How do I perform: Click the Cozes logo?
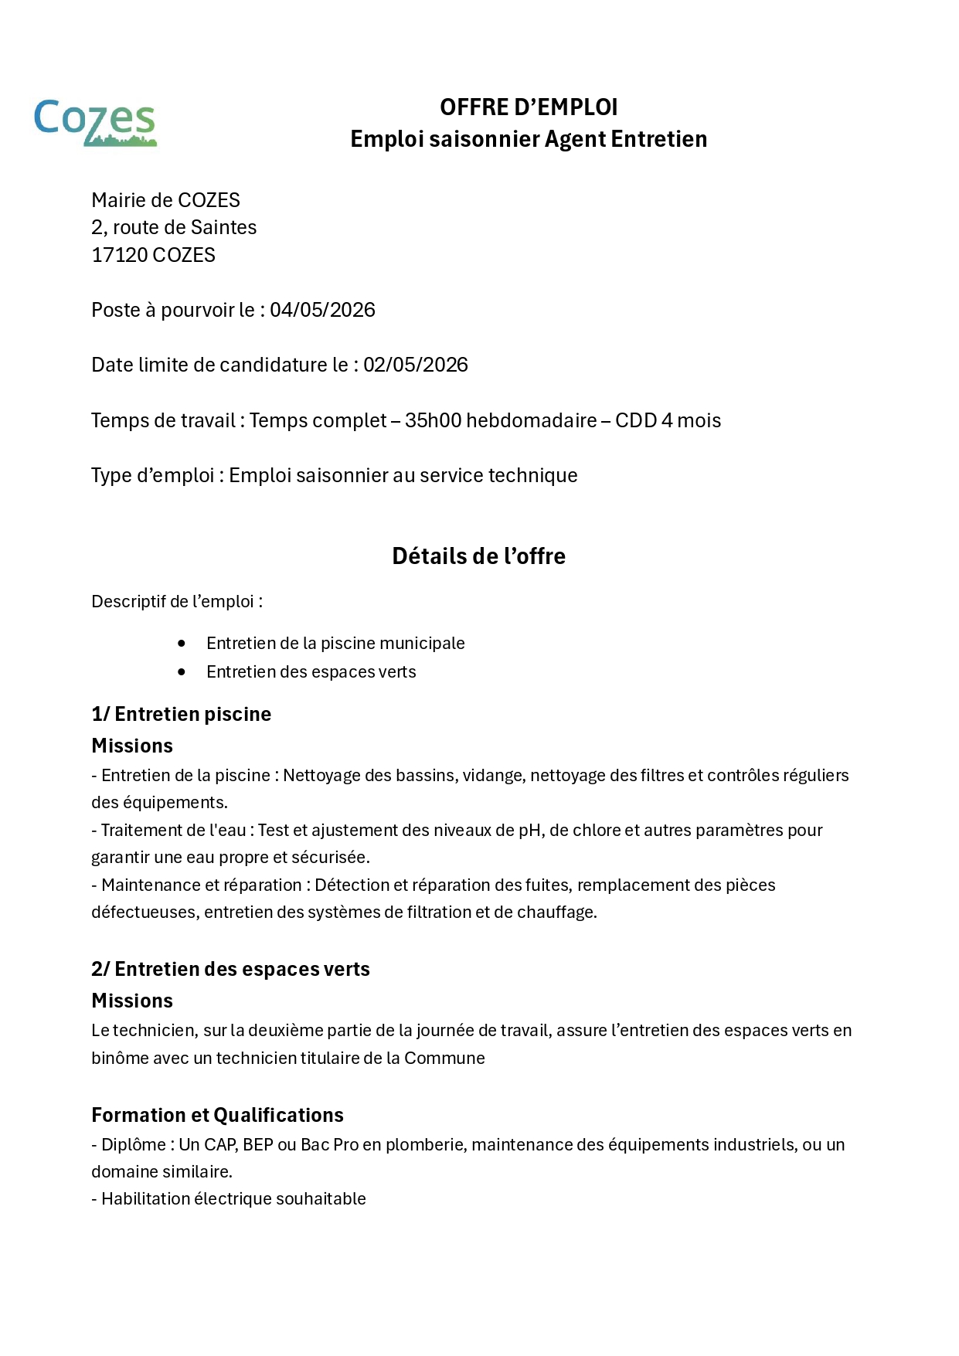click(95, 122)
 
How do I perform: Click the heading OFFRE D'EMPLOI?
click(529, 107)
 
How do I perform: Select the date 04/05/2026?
click(322, 311)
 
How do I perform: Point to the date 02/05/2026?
click(416, 365)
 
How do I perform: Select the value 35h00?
click(433, 421)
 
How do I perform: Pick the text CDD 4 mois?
click(668, 421)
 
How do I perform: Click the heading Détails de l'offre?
click(478, 556)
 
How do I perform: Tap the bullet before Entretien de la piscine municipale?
click(182, 644)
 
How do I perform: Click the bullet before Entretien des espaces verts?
click(182, 672)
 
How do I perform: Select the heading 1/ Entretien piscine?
click(181, 714)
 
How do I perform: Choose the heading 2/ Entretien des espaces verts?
click(230, 969)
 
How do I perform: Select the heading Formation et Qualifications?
click(217, 1115)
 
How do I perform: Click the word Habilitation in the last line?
click(145, 1199)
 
